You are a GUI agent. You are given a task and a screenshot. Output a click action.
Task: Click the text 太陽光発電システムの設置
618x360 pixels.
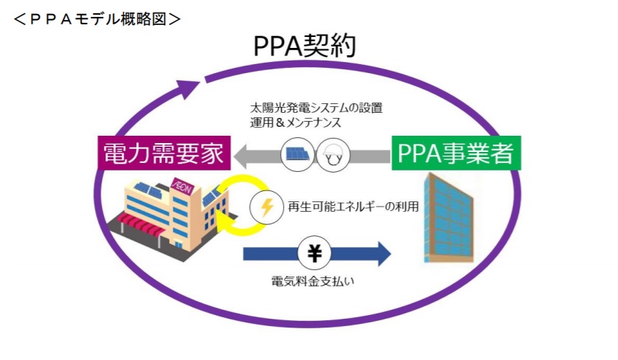pos(316,107)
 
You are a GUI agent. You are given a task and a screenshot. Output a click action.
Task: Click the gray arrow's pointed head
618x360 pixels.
pos(242,156)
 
